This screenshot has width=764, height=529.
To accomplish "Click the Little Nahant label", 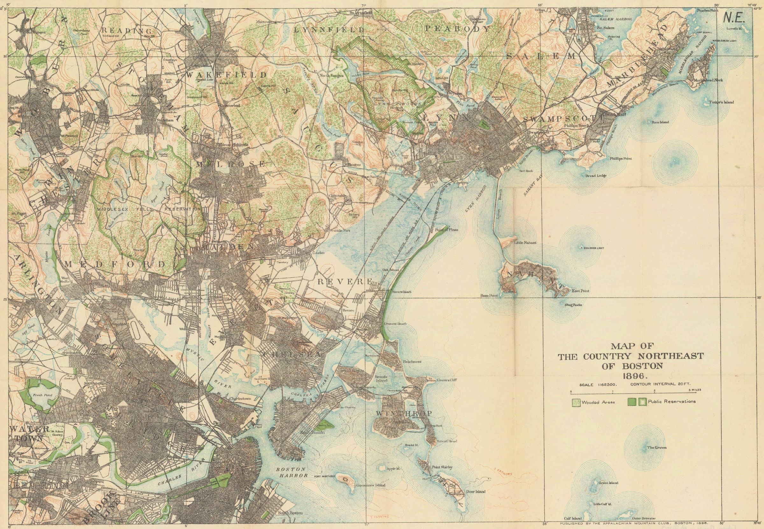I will pyautogui.click(x=525, y=243).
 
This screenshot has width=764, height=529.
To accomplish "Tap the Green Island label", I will pyautogui.click(x=608, y=483).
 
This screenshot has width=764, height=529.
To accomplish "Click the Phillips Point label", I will pyautogui.click(x=620, y=159).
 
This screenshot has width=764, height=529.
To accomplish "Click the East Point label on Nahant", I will pyautogui.click(x=580, y=291).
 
